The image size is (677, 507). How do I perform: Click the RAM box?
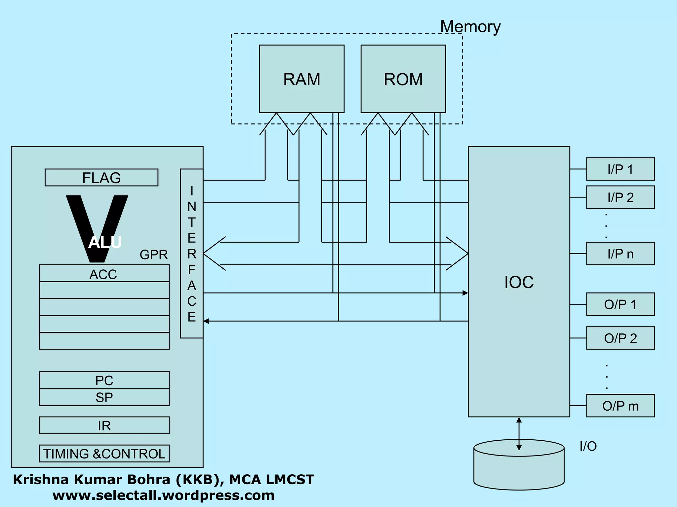[x=301, y=79]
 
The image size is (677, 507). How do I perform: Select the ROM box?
[x=403, y=79]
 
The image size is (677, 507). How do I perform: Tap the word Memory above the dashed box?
[x=470, y=26]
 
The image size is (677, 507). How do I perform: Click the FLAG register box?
[x=101, y=178]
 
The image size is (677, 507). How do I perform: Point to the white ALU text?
[x=105, y=242]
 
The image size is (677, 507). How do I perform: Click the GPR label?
[x=153, y=254]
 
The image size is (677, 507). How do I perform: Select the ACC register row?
[x=104, y=274]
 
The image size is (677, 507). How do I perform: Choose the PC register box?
[x=104, y=380]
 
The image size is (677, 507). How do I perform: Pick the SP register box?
[x=104, y=397]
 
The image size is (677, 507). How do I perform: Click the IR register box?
[x=104, y=425]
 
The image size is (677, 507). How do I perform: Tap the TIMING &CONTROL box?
[x=104, y=454]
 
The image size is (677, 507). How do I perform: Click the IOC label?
[x=519, y=282]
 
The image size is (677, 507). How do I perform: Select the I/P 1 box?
[x=620, y=169]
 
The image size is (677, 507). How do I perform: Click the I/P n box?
[x=620, y=253]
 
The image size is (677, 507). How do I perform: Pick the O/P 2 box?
[x=620, y=338]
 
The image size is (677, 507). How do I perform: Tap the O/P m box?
[x=620, y=406]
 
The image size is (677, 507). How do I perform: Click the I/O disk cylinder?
[x=519, y=472]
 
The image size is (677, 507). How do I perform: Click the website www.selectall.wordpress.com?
[x=164, y=495]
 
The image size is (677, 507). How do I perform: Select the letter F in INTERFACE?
[x=191, y=270]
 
